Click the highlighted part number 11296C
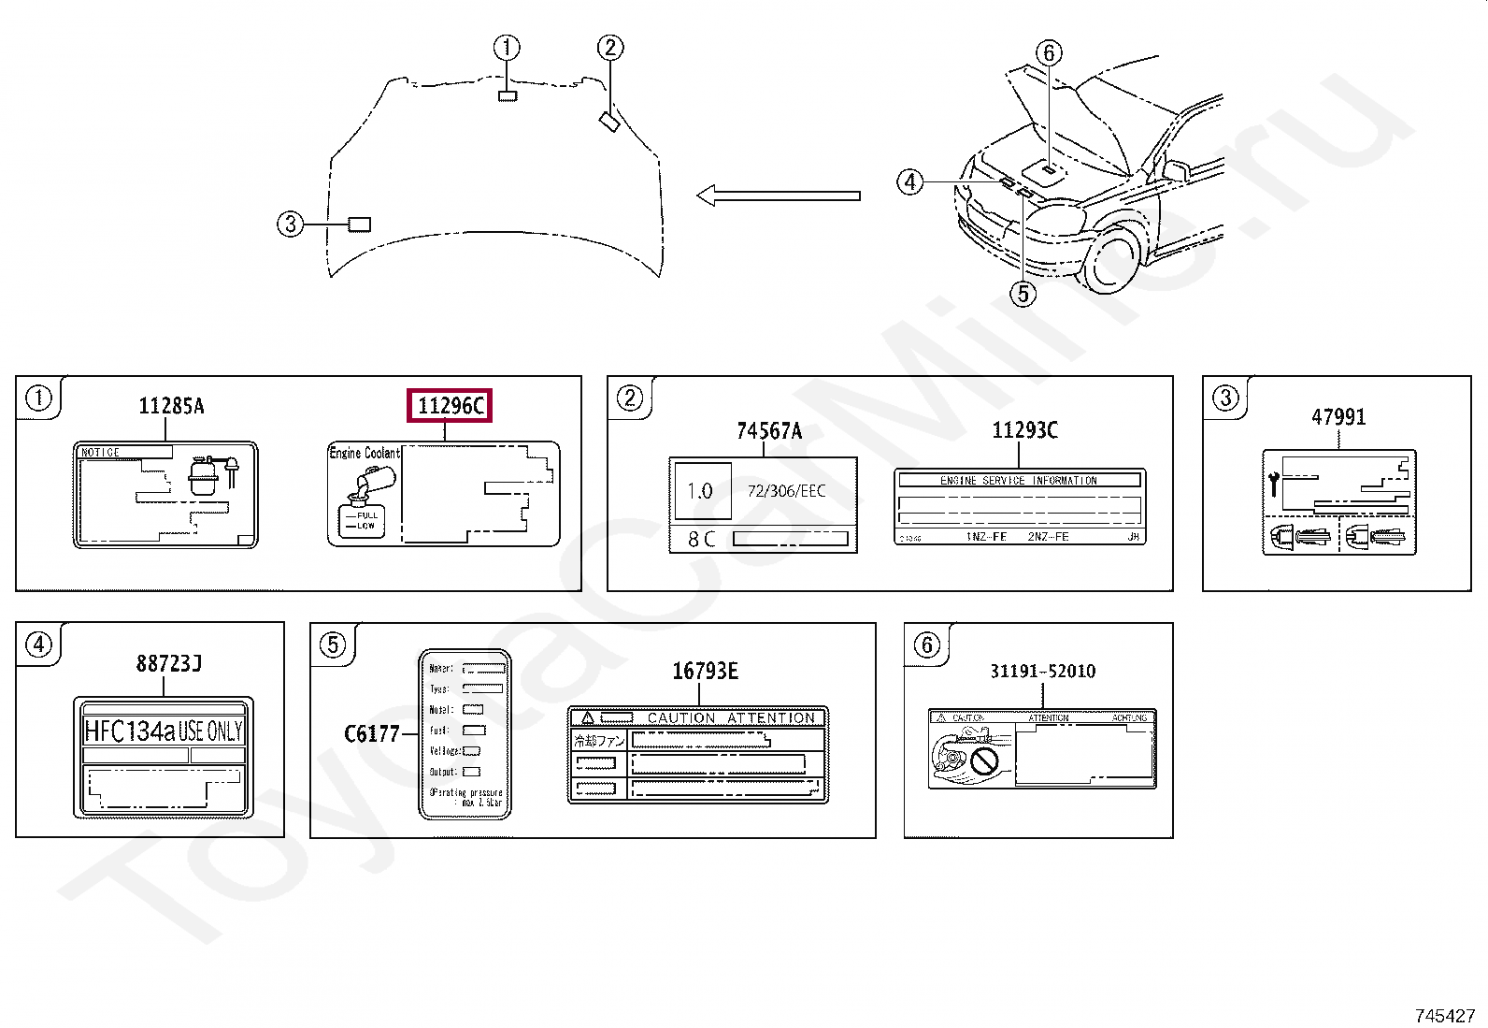[450, 406]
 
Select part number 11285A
[171, 406]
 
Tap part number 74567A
[769, 431]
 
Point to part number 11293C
[1024, 430]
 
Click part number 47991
[1338, 417]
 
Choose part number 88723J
[169, 663]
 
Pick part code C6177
[371, 734]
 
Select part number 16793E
[705, 671]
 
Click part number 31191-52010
[1042, 671]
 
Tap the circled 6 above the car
[1049, 52]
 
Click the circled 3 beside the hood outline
[291, 224]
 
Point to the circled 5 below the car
[1023, 294]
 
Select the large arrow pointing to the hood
[778, 195]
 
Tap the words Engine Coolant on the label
[364, 453]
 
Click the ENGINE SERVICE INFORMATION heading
[1018, 480]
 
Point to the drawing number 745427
[1444, 1015]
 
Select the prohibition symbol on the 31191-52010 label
[984, 760]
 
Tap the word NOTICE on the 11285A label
[101, 453]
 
